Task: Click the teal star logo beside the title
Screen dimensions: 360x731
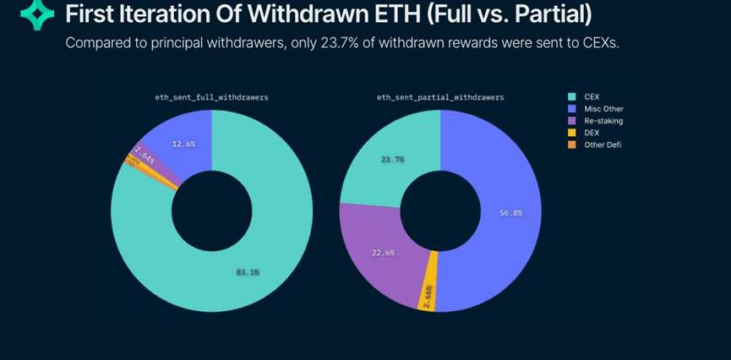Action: point(36,16)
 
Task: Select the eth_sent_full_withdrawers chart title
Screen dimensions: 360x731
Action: point(210,98)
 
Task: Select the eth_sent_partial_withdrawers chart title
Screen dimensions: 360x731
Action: point(440,98)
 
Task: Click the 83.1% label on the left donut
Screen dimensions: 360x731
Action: point(247,272)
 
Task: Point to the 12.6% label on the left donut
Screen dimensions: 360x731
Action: point(183,145)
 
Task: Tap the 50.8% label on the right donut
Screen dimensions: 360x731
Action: point(510,213)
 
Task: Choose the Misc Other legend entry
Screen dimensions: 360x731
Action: point(603,109)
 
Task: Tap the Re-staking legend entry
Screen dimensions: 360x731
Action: point(603,121)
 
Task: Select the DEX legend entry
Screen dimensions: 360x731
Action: point(592,133)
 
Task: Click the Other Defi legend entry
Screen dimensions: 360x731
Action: point(603,145)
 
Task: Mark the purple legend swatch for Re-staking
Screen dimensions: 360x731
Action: point(571,121)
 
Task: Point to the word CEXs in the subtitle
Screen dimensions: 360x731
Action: point(602,43)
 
